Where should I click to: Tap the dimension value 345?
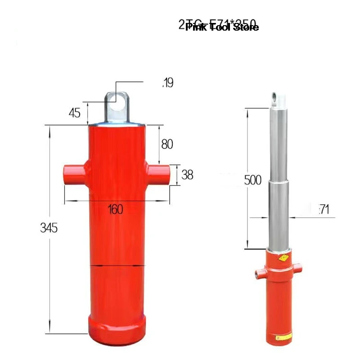click(x=48, y=228)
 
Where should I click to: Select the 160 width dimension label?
click(x=116, y=209)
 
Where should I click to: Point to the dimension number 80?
click(x=167, y=144)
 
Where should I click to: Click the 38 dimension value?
click(x=187, y=175)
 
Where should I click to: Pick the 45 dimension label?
click(x=74, y=112)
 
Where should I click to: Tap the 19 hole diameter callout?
click(x=167, y=83)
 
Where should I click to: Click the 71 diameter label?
click(x=324, y=209)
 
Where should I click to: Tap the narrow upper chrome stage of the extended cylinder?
click(x=278, y=144)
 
